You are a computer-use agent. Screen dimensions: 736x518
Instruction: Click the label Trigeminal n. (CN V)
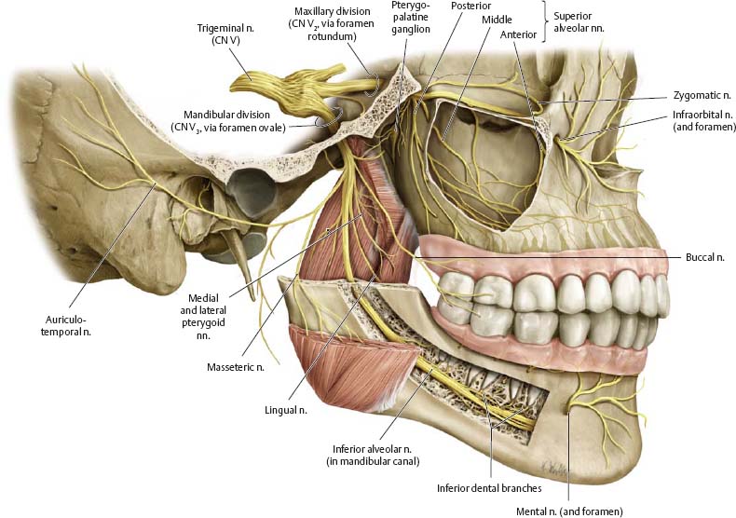[x=225, y=34]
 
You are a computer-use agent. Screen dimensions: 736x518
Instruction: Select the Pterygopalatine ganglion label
[x=410, y=17]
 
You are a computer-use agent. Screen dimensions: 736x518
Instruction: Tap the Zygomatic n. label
[x=702, y=95]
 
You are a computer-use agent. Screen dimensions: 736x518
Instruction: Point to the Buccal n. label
[x=705, y=257]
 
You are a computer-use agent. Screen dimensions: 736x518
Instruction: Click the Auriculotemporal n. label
[x=69, y=326]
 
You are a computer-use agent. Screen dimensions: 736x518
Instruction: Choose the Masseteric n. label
[x=236, y=367]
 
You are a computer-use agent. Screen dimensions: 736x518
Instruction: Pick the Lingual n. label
[x=286, y=410]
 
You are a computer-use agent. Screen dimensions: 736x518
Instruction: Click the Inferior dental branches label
[x=489, y=488]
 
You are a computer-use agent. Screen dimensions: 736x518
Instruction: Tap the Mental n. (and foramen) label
[x=569, y=511]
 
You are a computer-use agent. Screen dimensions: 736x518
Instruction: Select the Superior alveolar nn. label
[x=579, y=22]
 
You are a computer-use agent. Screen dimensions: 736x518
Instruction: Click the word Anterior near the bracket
[x=518, y=34]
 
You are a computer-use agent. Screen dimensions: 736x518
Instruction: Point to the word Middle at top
[x=497, y=20]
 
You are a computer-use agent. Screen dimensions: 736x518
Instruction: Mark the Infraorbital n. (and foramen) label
[x=703, y=120]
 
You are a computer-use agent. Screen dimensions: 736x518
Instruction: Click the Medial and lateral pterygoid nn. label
[x=203, y=317]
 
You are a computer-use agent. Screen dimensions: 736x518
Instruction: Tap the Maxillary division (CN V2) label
[x=333, y=23]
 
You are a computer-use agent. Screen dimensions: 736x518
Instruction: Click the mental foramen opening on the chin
[x=569, y=411]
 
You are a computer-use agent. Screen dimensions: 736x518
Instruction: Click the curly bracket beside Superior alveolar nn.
[x=546, y=21]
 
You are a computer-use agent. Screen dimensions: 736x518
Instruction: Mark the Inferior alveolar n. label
[x=373, y=456]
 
